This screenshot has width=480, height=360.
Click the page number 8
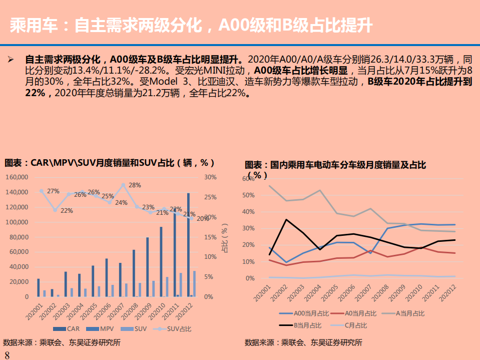tap(7, 355)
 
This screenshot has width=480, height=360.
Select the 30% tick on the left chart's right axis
tap(210, 177)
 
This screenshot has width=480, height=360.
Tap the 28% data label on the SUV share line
tap(135, 185)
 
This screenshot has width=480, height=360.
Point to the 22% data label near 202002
tap(67, 211)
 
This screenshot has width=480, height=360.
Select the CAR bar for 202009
tap(147, 267)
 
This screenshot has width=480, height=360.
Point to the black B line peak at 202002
tap(286, 220)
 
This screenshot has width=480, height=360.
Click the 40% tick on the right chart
tap(248, 212)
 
